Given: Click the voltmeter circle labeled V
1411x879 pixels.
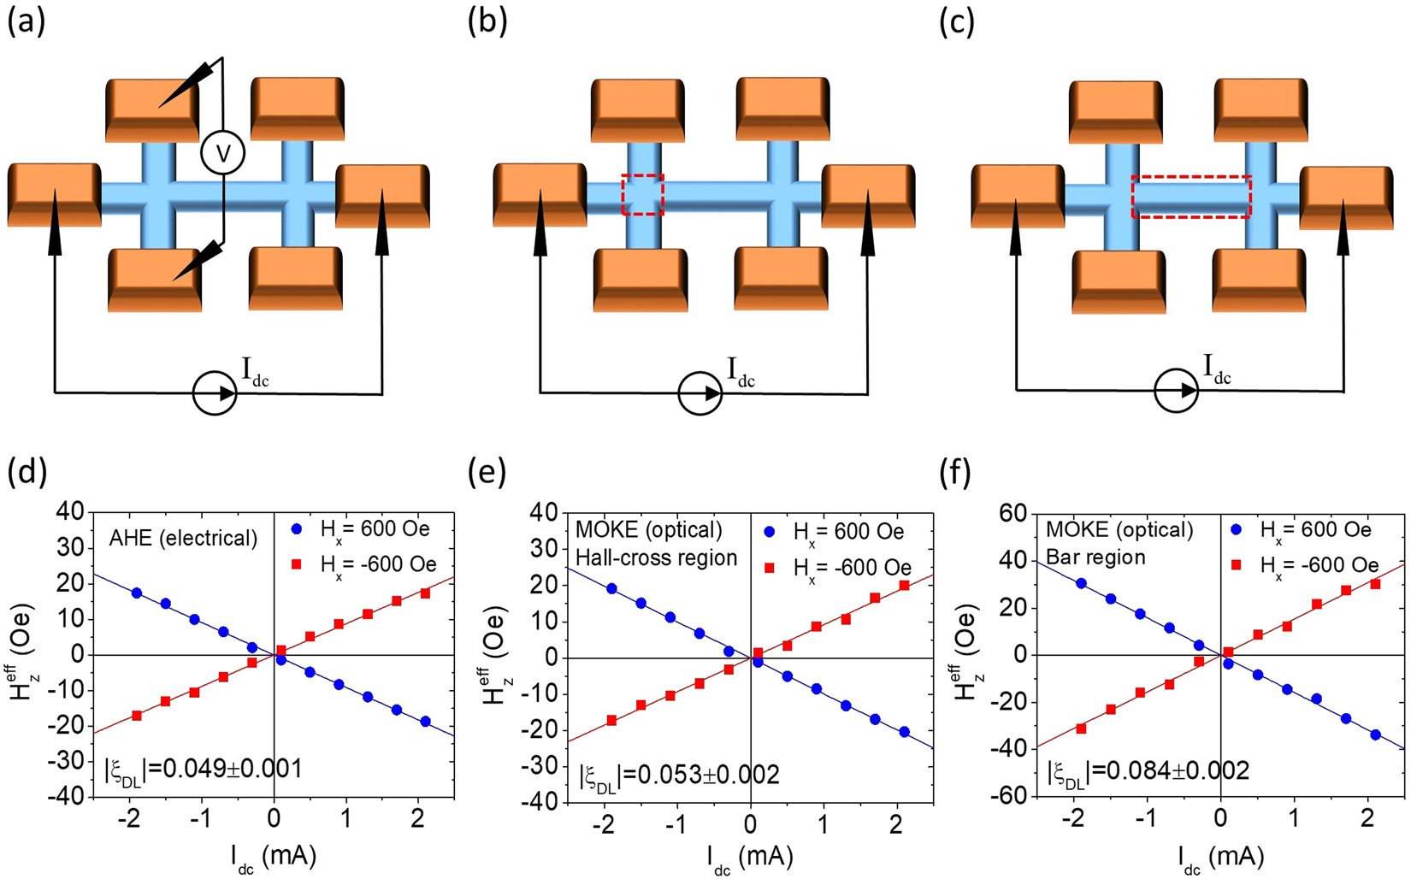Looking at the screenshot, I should click(222, 154).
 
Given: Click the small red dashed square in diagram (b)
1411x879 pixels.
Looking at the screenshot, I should click(643, 195).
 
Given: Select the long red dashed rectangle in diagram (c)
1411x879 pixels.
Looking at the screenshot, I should click(1191, 197).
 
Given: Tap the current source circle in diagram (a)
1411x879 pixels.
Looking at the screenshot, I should click(215, 393).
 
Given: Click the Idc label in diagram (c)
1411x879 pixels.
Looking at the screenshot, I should click(1217, 369).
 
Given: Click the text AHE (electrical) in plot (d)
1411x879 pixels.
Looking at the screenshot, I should click(183, 538).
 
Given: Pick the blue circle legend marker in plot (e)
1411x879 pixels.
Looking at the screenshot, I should click(769, 532).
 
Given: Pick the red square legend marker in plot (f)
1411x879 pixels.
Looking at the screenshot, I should click(1236, 565).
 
